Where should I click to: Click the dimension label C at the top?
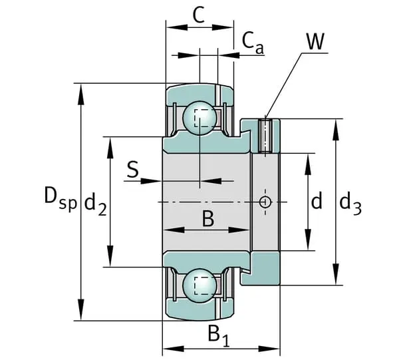[198, 15]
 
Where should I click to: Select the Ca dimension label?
[253, 42]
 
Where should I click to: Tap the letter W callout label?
[315, 42]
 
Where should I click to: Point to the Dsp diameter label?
[60, 197]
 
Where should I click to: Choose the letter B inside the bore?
[207, 218]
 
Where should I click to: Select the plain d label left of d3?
[317, 201]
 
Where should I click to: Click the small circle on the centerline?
[265, 201]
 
